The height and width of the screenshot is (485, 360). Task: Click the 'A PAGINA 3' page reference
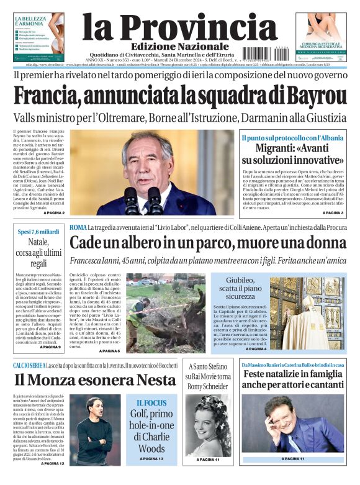pyautogui.click(x=331, y=212)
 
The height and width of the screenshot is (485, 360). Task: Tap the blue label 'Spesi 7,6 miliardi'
pyautogui.click(x=38, y=232)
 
